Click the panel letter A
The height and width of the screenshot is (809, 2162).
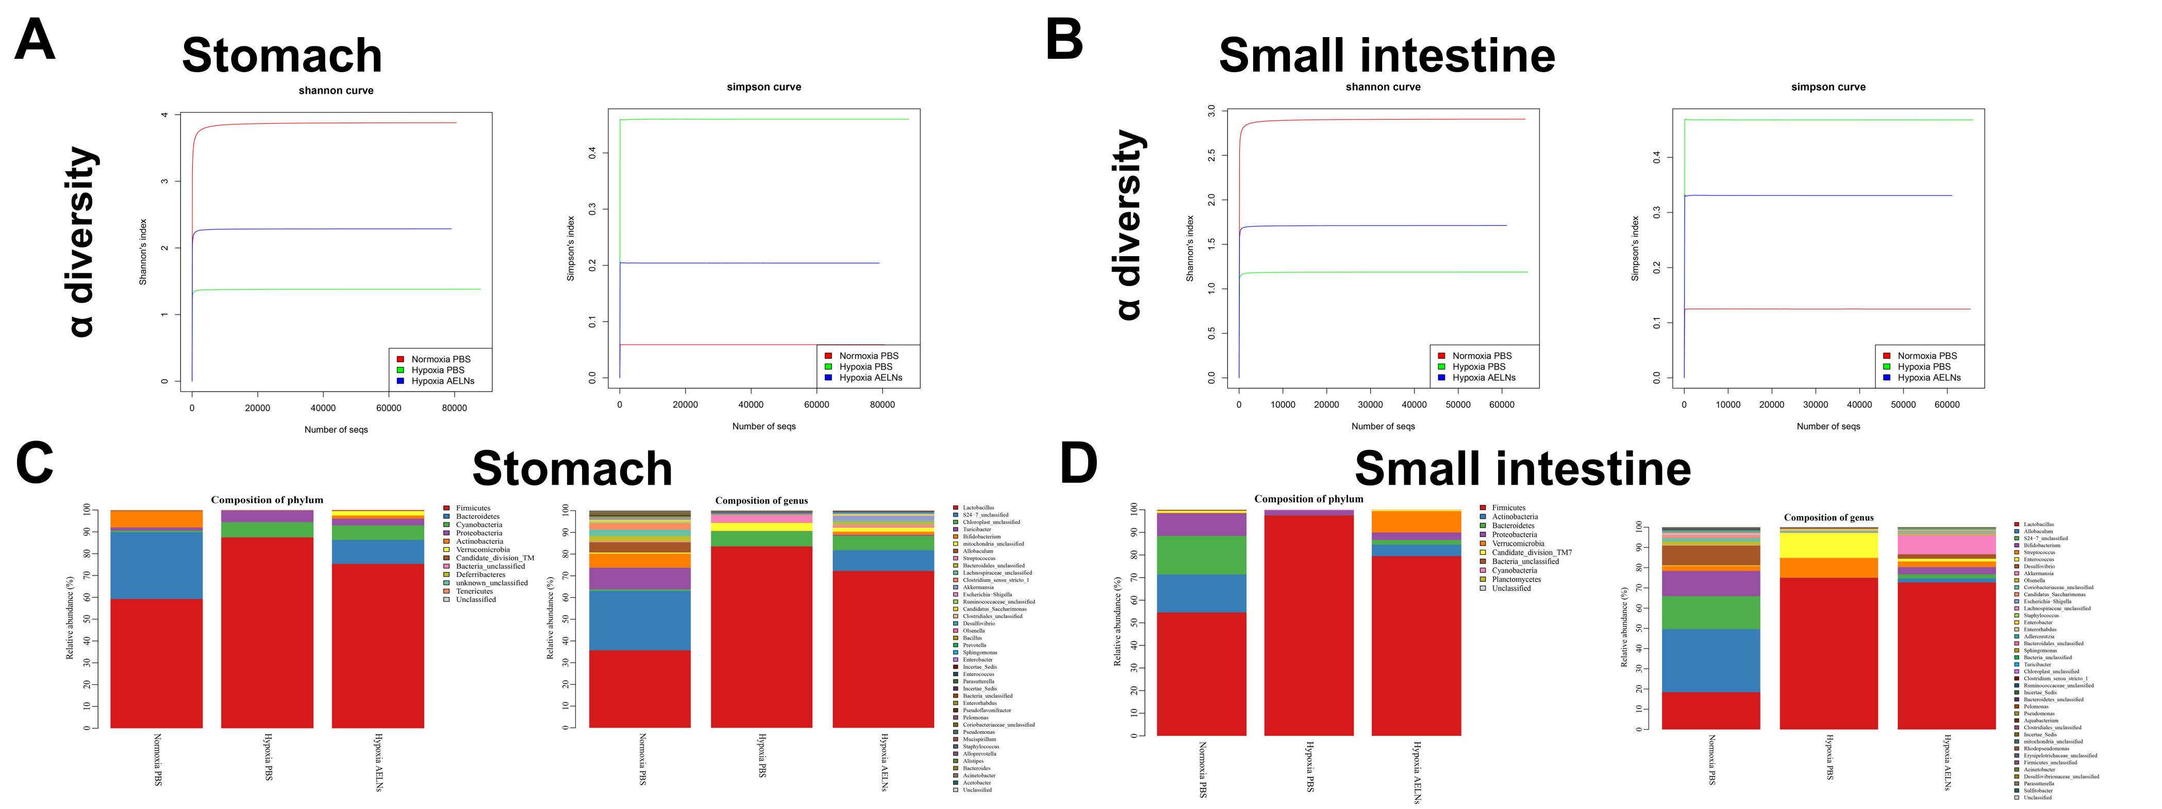pos(35,40)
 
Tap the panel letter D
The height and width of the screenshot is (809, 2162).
pos(1078,463)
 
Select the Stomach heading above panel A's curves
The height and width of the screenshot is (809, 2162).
pos(282,55)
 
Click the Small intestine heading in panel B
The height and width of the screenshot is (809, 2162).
pos(1387,55)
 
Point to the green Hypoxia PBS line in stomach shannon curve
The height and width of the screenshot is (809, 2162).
pos(336,290)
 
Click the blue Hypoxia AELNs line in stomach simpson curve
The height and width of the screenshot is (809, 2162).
pos(755,263)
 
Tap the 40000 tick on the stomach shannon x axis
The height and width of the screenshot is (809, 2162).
pos(323,409)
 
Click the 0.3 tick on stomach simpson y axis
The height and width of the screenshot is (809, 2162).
pos(592,209)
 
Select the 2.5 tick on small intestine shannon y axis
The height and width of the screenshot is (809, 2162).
pos(1211,155)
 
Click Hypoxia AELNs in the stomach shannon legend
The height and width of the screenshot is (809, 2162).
pos(442,381)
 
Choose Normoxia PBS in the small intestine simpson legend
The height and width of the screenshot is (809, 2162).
pos(1927,356)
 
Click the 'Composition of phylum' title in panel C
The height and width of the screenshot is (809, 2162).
pos(267,500)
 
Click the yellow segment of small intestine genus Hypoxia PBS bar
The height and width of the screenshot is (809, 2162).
pos(1828,546)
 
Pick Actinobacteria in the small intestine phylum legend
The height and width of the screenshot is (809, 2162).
pos(1515,517)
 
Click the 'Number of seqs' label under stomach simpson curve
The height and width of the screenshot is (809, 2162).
pos(764,426)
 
